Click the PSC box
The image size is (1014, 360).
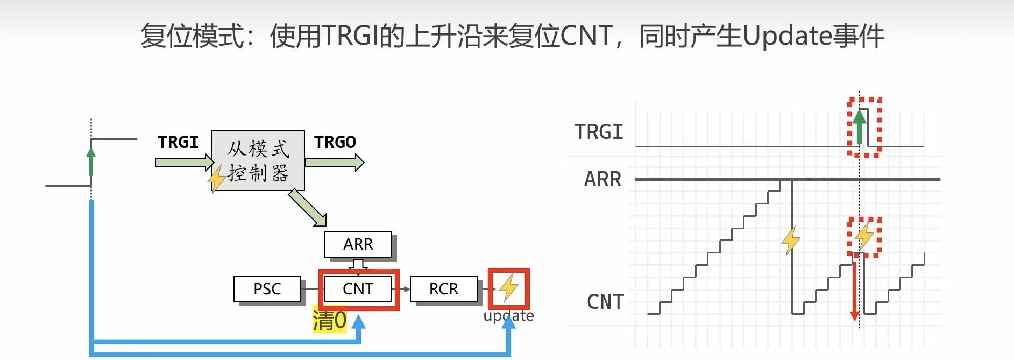click(267, 289)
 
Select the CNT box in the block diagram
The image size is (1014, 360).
click(358, 289)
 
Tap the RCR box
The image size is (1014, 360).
click(444, 289)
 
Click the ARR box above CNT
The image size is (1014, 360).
click(358, 244)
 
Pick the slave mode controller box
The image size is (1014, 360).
click(258, 160)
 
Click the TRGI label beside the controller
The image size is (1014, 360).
click(178, 142)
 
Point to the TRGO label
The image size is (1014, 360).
click(335, 142)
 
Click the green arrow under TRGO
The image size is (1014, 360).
click(334, 162)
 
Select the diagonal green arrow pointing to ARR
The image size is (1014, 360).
click(308, 208)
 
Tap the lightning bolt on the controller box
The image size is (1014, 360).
click(216, 179)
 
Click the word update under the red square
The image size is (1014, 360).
click(508, 316)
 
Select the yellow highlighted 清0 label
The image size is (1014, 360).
click(329, 321)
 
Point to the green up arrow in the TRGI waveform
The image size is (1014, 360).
click(860, 127)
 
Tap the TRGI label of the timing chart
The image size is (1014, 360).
click(599, 132)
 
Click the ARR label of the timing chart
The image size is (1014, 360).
click(602, 179)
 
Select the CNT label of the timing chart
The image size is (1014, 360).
click(605, 302)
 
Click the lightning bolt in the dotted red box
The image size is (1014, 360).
click(864, 235)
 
